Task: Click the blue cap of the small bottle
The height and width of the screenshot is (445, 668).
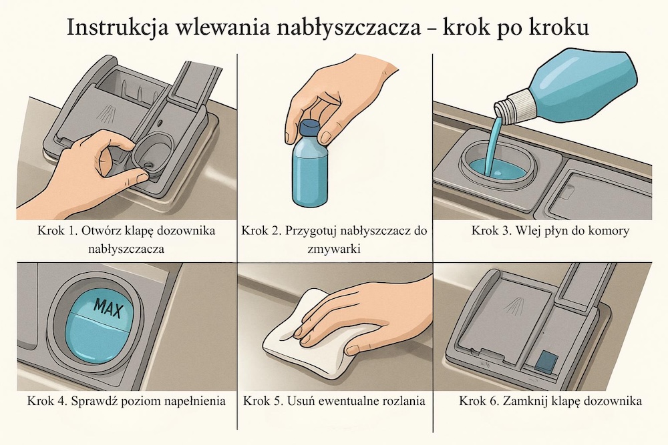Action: click(x=309, y=128)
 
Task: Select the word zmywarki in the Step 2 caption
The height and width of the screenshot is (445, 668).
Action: click(x=335, y=248)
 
